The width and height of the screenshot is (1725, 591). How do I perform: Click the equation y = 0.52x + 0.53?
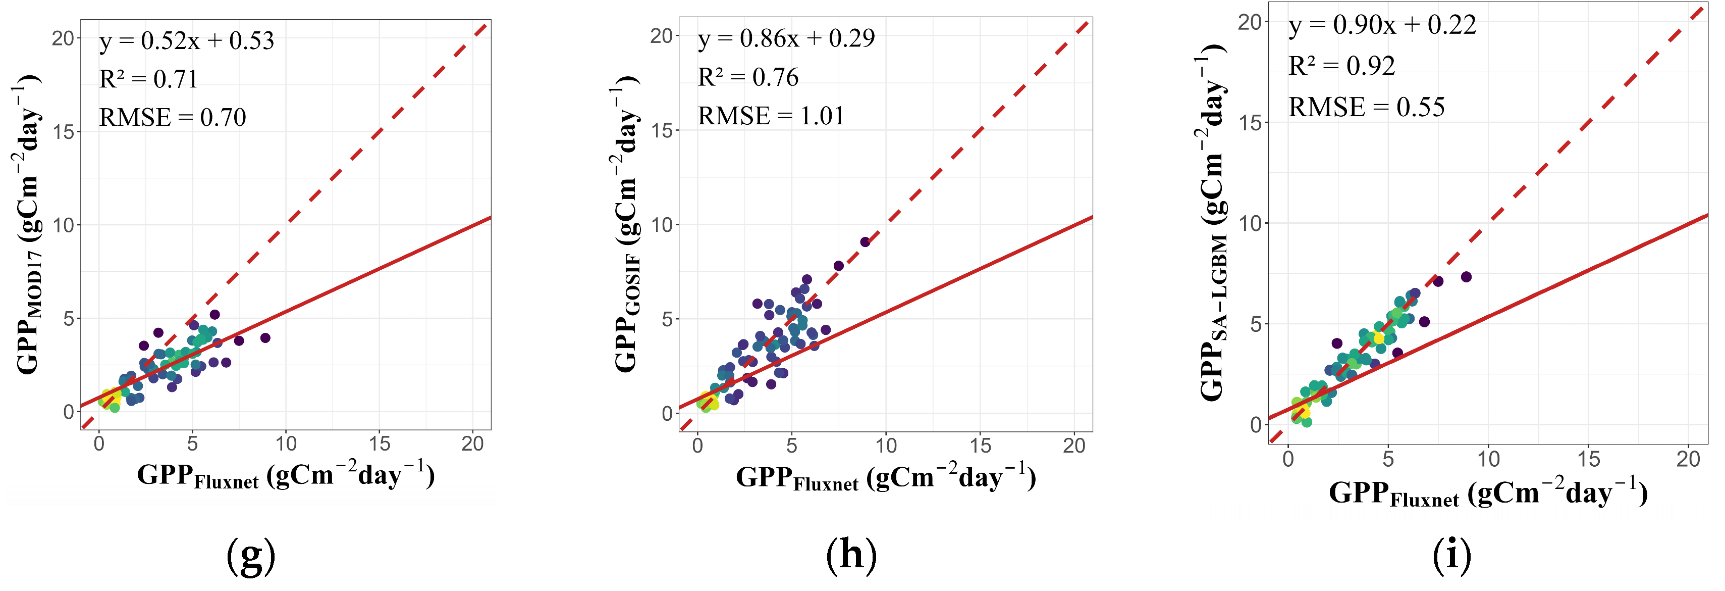[186, 41]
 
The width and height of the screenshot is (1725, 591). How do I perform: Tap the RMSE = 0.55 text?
[1366, 107]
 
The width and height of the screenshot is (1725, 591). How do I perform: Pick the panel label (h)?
[850, 556]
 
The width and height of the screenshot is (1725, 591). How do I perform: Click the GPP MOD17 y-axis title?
[28, 224]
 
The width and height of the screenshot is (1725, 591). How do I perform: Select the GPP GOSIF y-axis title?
[626, 224]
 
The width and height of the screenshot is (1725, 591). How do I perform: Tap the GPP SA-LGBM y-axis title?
[1212, 224]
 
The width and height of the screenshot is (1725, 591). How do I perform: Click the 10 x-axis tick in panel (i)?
[1488, 459]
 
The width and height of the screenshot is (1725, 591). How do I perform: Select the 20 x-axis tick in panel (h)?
[1074, 446]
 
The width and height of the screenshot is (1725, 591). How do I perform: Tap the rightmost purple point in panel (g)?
[265, 338]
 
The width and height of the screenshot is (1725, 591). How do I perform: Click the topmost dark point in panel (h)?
[865, 242]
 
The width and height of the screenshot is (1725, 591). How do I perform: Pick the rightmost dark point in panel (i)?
[1466, 277]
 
